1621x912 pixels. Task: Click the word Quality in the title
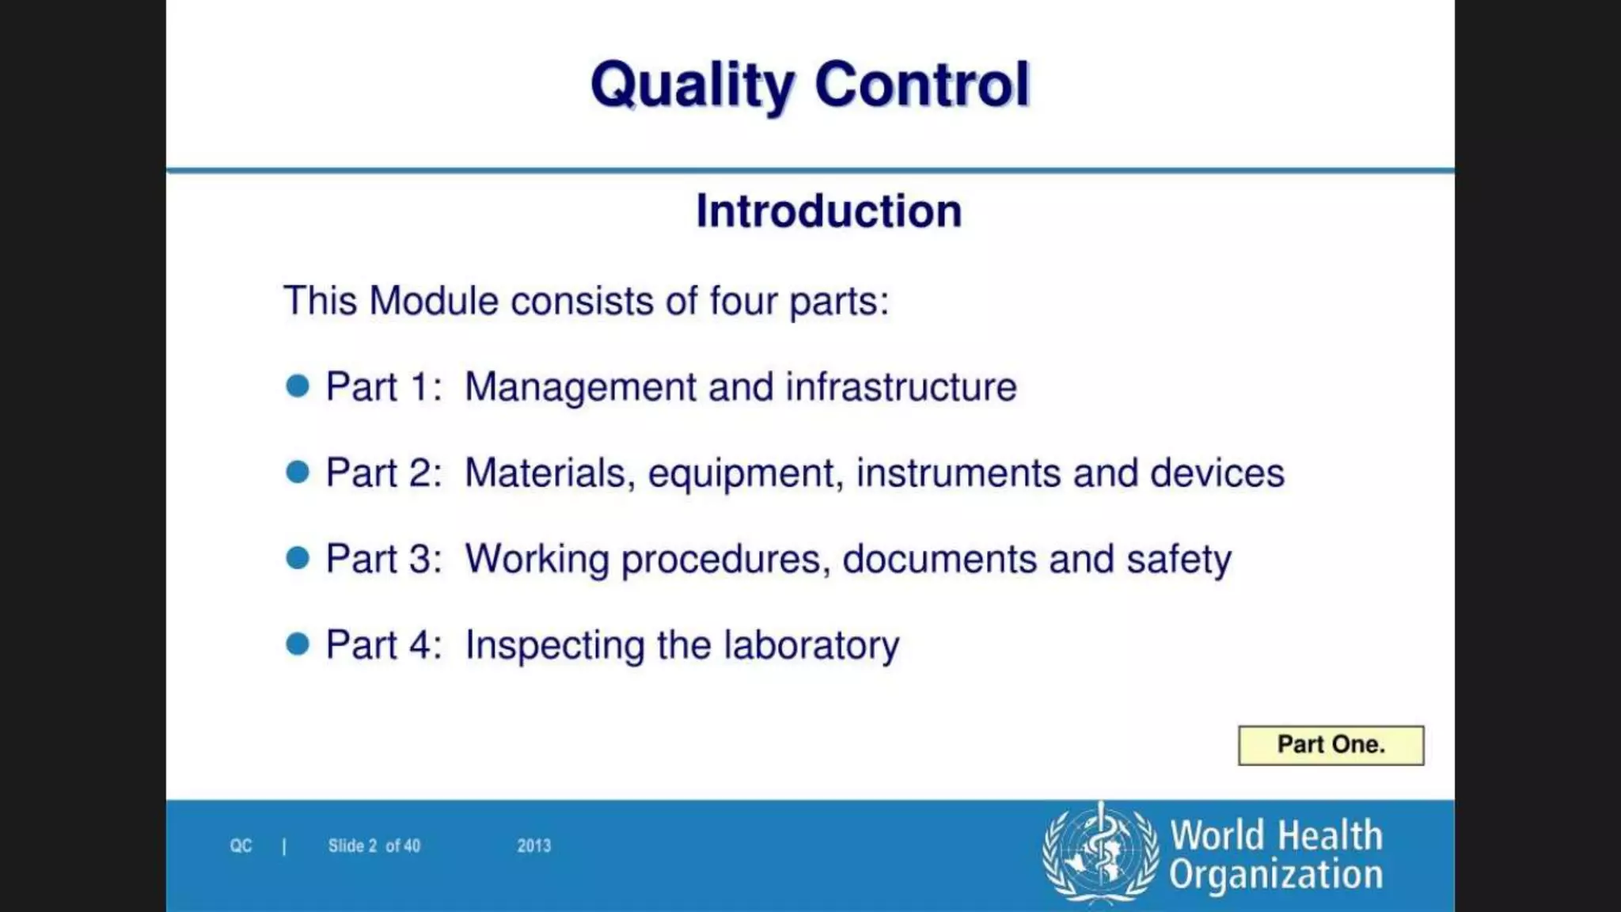pyautogui.click(x=692, y=85)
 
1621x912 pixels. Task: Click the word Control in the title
pyautogui.click(x=922, y=84)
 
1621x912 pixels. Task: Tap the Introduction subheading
pyautogui.click(x=829, y=211)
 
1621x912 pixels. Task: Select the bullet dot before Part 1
pyautogui.click(x=298, y=386)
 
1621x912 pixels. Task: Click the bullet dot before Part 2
pyautogui.click(x=298, y=473)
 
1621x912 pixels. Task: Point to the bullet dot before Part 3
pyautogui.click(x=298, y=558)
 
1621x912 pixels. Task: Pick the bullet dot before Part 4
pyautogui.click(x=298, y=644)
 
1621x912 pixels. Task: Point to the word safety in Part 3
pyautogui.click(x=1179, y=560)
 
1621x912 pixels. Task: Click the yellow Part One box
pyautogui.click(x=1331, y=745)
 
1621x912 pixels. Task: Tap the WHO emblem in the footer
pyautogui.click(x=1100, y=853)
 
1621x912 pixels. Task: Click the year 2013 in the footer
pyautogui.click(x=534, y=846)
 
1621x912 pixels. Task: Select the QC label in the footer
pyautogui.click(x=241, y=846)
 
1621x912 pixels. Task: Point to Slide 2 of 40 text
pyautogui.click(x=374, y=846)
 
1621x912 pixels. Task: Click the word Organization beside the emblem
pyautogui.click(x=1276, y=875)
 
